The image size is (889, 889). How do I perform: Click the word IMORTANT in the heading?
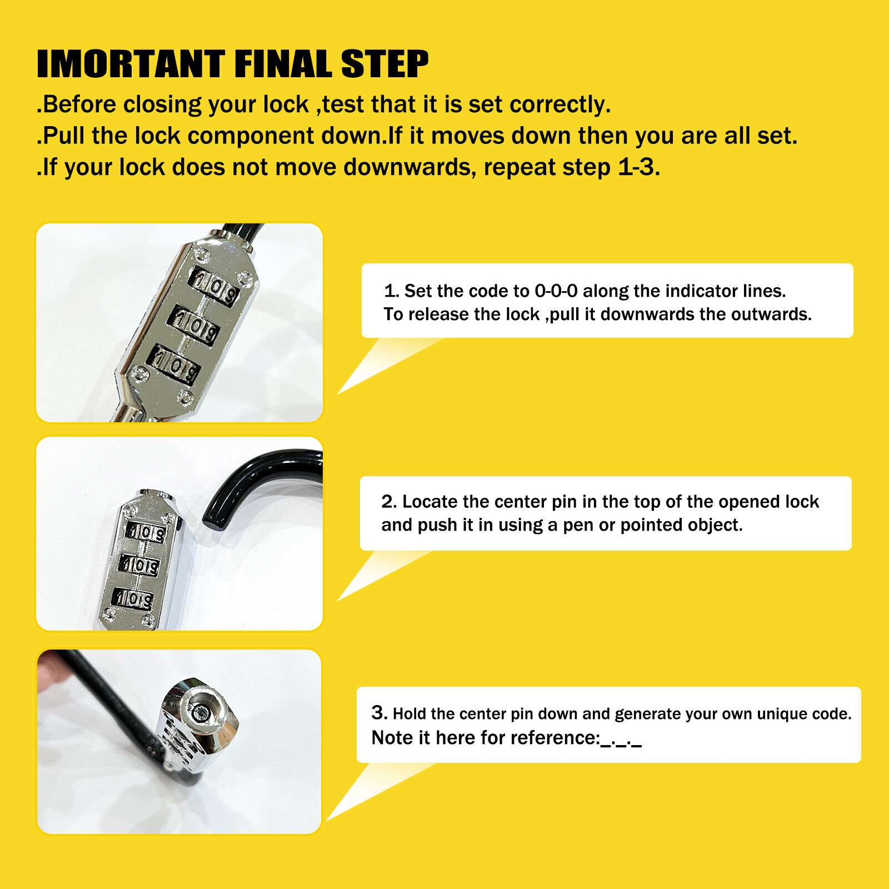(x=131, y=64)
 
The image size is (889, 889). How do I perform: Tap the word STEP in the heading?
(x=384, y=64)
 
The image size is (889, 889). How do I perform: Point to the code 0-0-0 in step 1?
(x=556, y=291)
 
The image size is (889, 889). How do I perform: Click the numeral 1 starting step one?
(x=389, y=291)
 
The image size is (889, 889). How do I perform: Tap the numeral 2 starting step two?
(x=388, y=501)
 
